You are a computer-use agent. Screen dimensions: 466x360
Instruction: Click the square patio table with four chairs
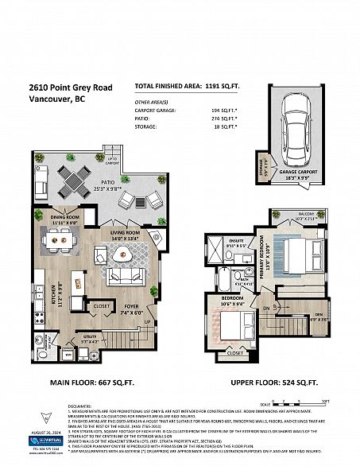tap(78, 180)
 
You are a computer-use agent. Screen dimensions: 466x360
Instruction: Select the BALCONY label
tap(306, 236)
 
